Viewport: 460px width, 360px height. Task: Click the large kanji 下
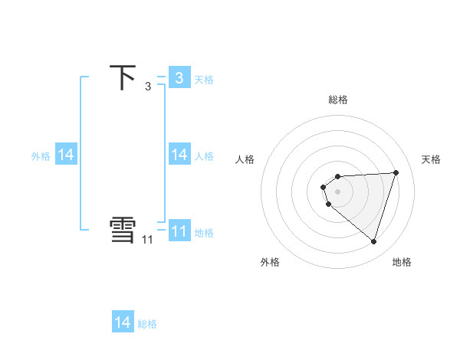[123, 78]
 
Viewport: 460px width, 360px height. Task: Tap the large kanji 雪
[123, 231]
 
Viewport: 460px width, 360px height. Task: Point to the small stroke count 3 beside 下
[147, 87]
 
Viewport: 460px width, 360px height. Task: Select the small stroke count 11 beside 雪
[147, 240]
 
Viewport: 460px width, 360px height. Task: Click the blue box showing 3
[179, 77]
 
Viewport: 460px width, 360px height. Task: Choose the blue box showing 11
[179, 231]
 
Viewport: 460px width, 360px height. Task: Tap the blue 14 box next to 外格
[66, 155]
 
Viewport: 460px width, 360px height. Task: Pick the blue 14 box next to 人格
[179, 155]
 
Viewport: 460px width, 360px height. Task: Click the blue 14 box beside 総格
[123, 322]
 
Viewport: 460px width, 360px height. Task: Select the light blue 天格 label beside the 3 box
[204, 79]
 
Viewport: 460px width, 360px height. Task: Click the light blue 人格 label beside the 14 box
[204, 156]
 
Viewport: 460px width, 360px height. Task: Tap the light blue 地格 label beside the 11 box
[204, 232]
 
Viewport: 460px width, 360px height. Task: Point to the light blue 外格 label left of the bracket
[41, 156]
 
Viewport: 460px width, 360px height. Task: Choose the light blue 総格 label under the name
[147, 324]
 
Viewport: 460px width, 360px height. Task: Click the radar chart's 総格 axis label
[338, 100]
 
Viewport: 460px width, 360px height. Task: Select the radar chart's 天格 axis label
[432, 159]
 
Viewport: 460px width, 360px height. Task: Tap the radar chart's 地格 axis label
[402, 262]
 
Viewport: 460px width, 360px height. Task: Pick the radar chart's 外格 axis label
[270, 262]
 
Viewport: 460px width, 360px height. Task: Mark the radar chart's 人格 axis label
[245, 159]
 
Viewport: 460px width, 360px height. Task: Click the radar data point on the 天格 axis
[396, 172]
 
